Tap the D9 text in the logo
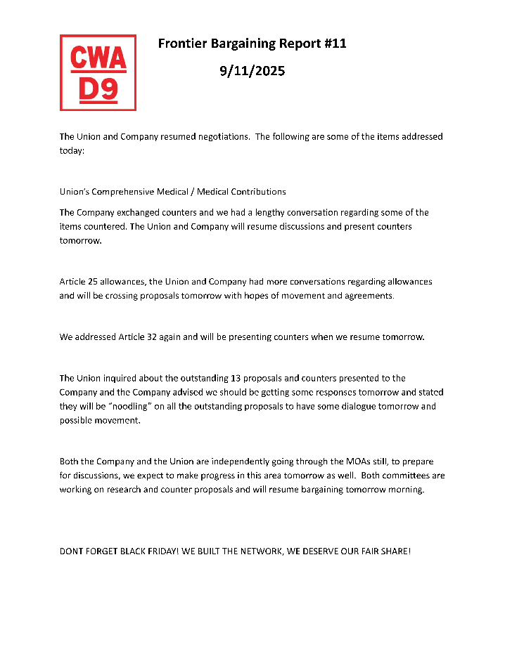(x=98, y=89)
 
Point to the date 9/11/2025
(x=252, y=71)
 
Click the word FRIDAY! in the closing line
(x=158, y=551)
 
